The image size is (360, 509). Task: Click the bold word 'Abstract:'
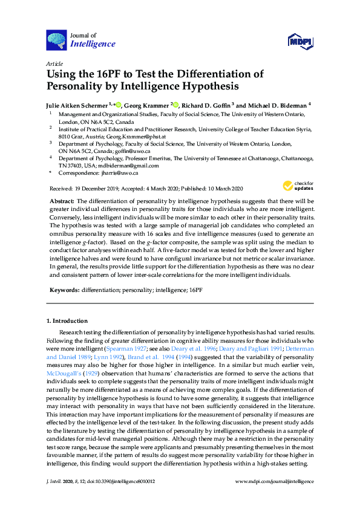[x=61, y=200]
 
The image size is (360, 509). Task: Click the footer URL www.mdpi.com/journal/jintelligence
[x=274, y=481]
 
